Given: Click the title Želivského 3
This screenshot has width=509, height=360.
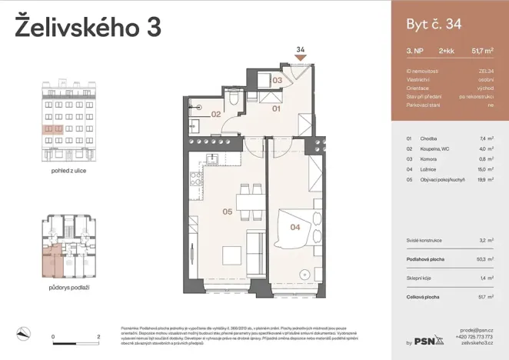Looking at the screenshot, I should pos(88,28).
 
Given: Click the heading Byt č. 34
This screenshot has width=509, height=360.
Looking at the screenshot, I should pos(434,25).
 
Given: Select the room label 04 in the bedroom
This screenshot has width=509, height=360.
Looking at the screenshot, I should pos(294,227).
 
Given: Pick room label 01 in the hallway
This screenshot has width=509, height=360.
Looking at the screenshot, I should pos(276,109).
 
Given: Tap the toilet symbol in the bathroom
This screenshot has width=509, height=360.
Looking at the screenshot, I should pos(234,102).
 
